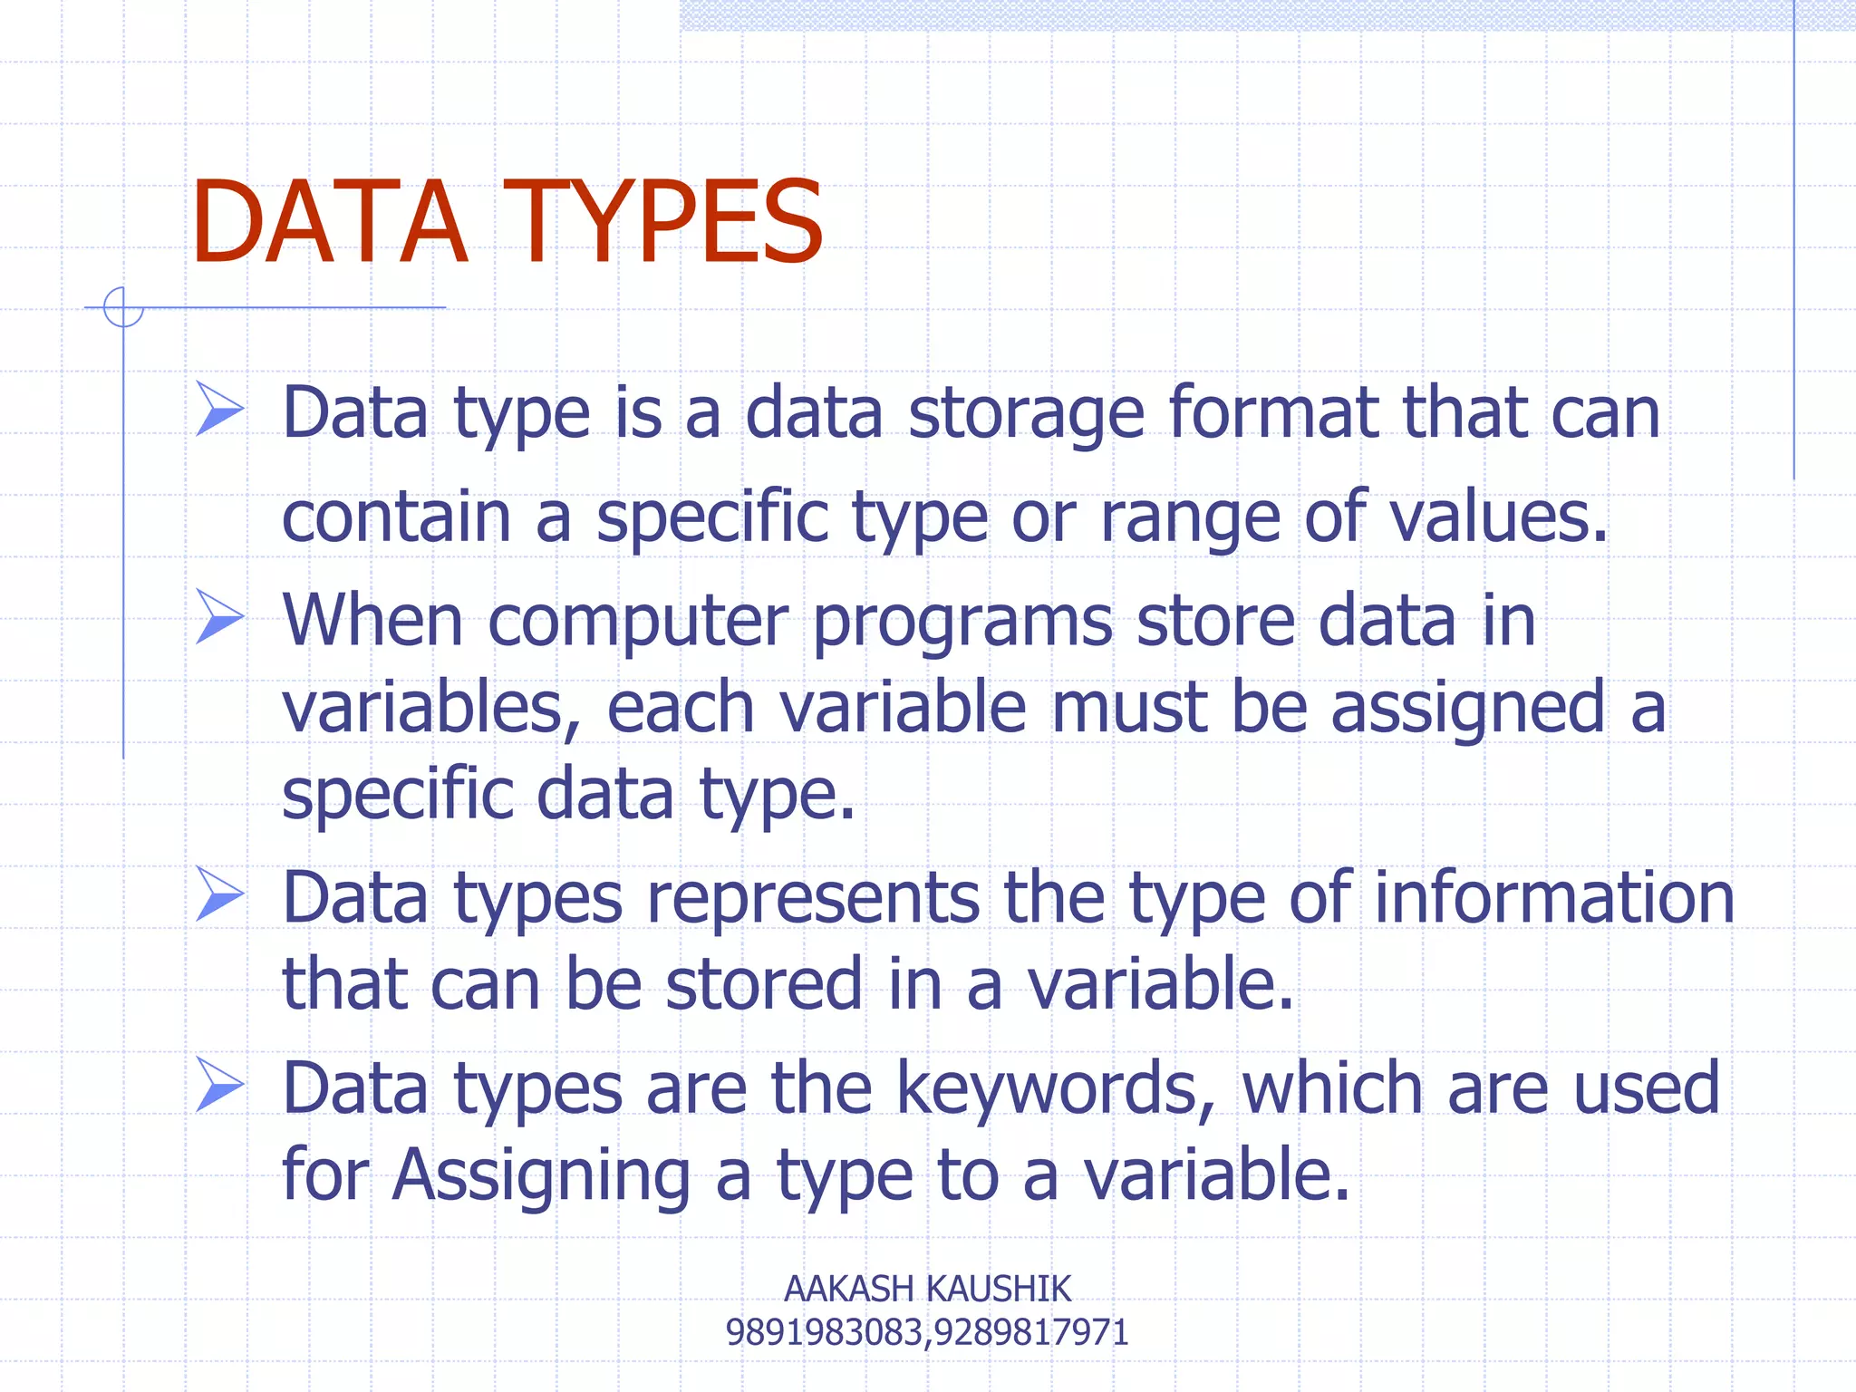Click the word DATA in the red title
click(x=328, y=223)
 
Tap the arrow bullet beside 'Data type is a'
click(x=219, y=409)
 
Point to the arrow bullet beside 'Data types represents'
click(x=219, y=894)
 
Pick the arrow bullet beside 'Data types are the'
click(x=219, y=1085)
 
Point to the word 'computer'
click(x=638, y=624)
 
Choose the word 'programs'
click(x=962, y=624)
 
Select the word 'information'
click(x=1553, y=898)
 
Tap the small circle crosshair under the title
click(x=123, y=307)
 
